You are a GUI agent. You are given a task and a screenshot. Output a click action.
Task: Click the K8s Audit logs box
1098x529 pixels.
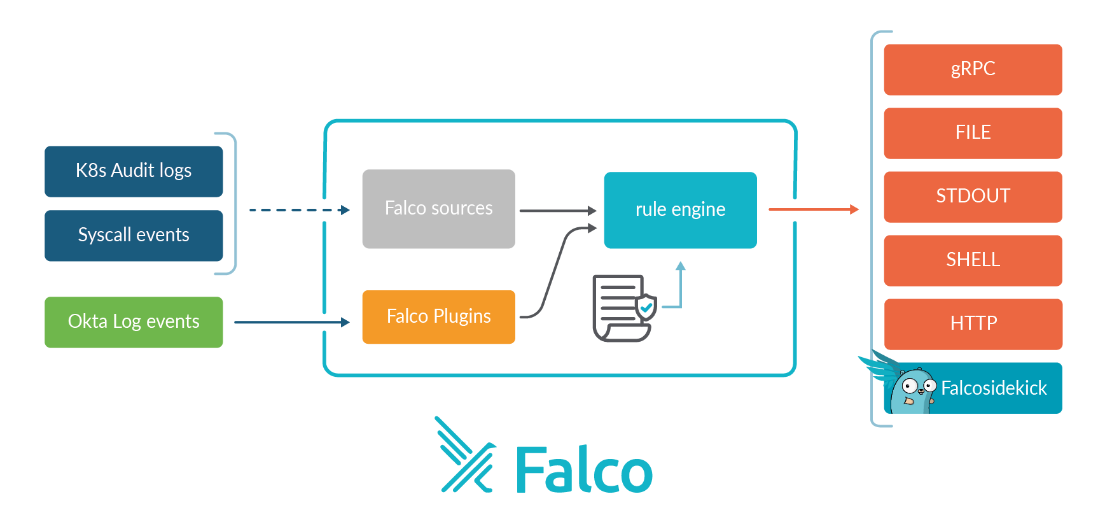pos(134,171)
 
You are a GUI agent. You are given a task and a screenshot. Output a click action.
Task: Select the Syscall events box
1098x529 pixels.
pos(134,236)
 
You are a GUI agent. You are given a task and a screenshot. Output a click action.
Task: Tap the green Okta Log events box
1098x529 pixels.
pos(134,322)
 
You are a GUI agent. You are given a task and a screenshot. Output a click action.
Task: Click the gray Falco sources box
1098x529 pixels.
pos(438,209)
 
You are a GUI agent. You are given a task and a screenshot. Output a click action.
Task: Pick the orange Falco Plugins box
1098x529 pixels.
pos(438,317)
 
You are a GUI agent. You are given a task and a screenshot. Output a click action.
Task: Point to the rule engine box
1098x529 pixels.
pos(680,210)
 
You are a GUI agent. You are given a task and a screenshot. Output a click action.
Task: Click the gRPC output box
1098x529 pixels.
pos(973,69)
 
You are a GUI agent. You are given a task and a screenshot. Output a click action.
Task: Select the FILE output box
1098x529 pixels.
pos(973,133)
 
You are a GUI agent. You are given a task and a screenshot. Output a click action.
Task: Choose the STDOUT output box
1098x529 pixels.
pos(973,197)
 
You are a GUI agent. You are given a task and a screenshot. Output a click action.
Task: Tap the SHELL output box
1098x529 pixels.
pos(973,260)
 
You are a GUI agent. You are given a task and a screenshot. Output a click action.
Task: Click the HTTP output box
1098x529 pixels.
pos(973,324)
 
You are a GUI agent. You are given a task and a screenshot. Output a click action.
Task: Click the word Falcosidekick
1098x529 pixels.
pos(994,388)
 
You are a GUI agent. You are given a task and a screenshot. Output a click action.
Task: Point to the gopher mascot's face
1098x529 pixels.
pos(913,390)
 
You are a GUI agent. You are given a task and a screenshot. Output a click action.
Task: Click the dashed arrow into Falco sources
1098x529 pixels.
pos(299,210)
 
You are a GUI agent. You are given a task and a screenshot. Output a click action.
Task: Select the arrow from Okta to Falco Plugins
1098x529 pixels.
pos(291,322)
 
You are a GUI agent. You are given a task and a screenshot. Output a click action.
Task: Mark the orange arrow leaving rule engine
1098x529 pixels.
pos(813,209)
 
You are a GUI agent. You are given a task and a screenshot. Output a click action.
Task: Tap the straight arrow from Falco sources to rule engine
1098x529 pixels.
pos(557,210)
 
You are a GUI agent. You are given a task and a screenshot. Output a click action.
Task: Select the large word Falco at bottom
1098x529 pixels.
pos(583,470)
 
